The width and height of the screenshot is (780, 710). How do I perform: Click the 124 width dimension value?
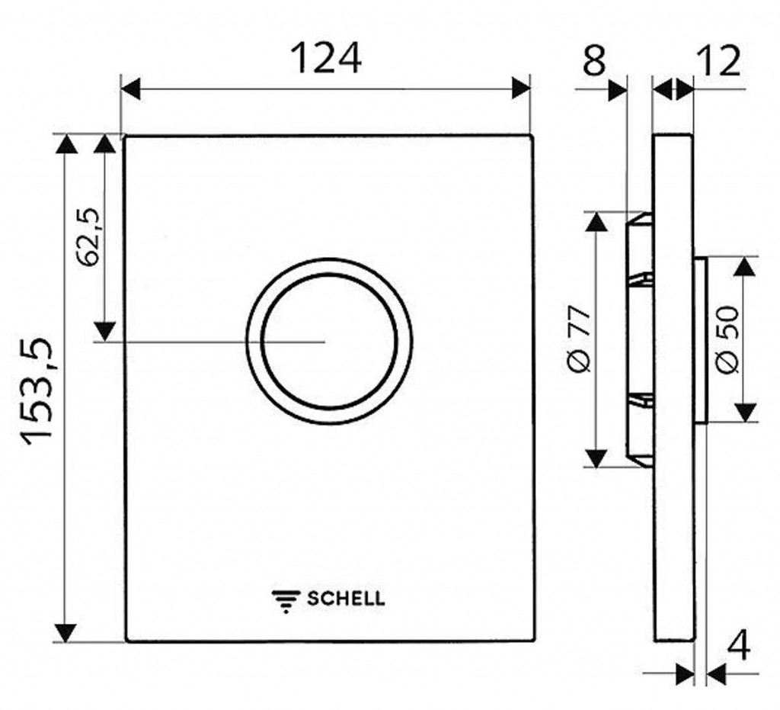(x=326, y=58)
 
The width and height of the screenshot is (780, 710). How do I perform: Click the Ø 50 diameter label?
(x=727, y=339)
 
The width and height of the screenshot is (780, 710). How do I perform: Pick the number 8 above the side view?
(x=594, y=60)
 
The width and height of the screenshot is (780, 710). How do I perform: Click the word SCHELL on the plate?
(x=346, y=598)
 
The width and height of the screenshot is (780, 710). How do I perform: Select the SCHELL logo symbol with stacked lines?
(x=286, y=601)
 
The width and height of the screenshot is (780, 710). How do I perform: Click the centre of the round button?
(x=329, y=341)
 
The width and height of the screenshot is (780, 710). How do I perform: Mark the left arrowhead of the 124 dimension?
(x=131, y=90)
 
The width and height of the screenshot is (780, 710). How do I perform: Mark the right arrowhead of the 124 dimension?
(x=520, y=89)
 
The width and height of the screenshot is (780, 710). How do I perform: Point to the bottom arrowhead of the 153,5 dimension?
(x=66, y=632)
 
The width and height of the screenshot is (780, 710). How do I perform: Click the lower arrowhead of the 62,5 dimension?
(x=104, y=332)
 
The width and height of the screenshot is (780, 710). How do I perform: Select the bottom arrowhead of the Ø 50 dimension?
(x=745, y=413)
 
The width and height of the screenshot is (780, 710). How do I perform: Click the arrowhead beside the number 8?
(x=619, y=90)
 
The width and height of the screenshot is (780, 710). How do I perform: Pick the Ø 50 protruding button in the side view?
(x=700, y=341)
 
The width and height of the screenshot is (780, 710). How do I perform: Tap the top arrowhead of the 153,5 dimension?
(x=66, y=144)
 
